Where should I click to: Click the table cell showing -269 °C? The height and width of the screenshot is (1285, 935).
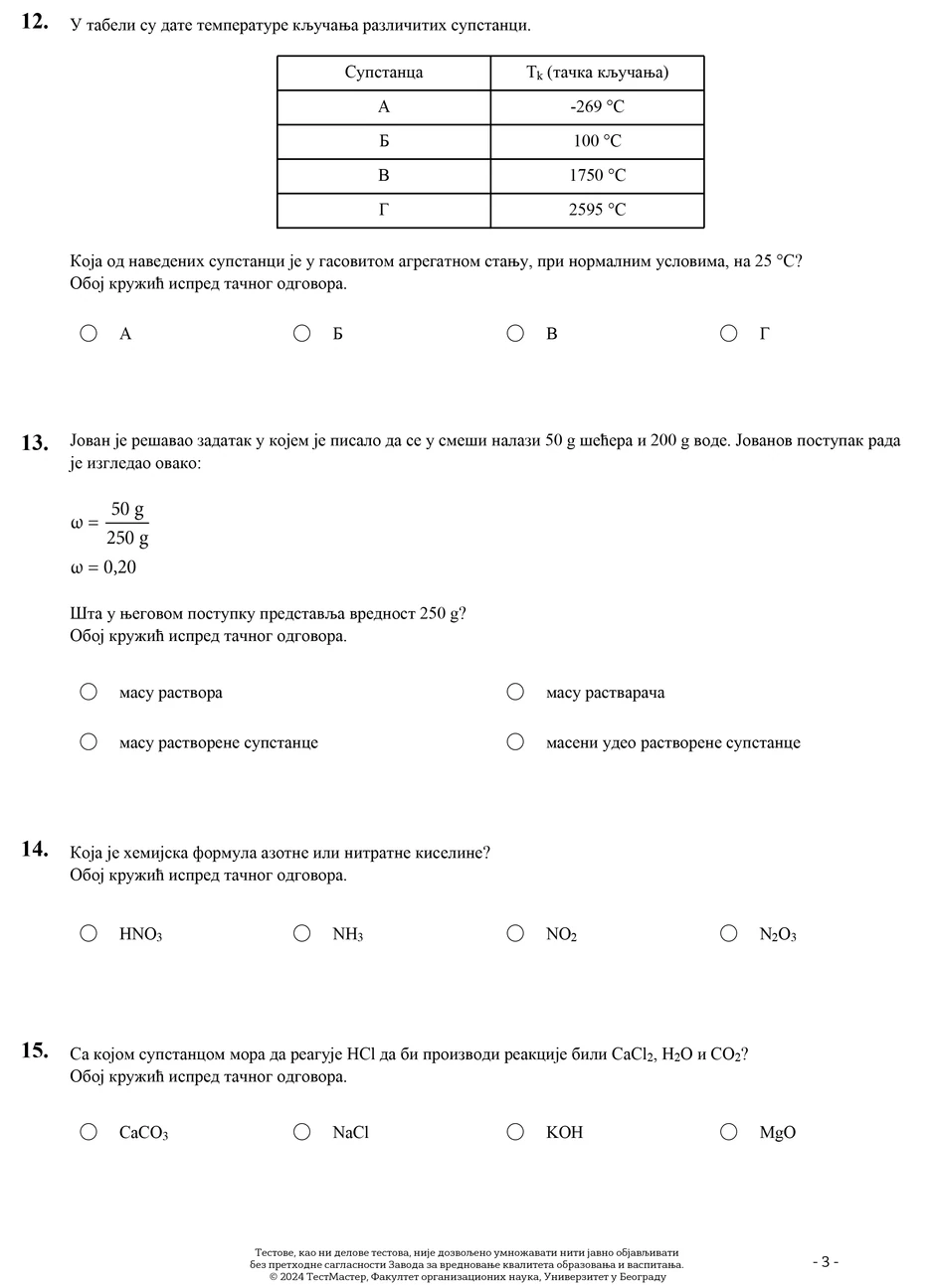(597, 107)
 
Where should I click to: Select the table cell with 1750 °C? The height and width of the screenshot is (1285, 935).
(597, 176)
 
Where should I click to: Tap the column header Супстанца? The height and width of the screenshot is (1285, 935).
(384, 73)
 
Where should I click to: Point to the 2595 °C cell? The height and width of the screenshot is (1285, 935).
(597, 210)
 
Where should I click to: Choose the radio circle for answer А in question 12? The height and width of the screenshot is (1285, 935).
(89, 333)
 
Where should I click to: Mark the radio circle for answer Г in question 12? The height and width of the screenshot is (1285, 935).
(729, 333)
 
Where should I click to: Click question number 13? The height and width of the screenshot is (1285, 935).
(35, 442)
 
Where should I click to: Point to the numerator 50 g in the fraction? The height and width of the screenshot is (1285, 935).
(127, 511)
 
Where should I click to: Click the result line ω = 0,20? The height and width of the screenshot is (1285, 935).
(103, 567)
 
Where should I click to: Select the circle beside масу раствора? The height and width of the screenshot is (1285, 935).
(89, 692)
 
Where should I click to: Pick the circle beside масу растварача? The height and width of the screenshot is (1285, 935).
(515, 692)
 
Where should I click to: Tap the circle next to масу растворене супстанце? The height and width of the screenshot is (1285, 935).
(89, 741)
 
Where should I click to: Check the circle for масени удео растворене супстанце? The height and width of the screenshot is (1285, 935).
(515, 741)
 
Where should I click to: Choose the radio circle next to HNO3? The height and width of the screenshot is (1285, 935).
(89, 933)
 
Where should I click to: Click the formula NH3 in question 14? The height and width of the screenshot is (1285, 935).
(348, 934)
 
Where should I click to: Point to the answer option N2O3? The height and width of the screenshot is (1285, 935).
(778, 934)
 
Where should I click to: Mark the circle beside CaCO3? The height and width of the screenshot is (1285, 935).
(89, 1132)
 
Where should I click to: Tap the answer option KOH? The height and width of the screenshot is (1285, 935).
(564, 1133)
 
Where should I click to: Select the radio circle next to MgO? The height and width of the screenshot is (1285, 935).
(729, 1132)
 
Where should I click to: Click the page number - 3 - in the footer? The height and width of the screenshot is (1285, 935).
(826, 1262)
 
